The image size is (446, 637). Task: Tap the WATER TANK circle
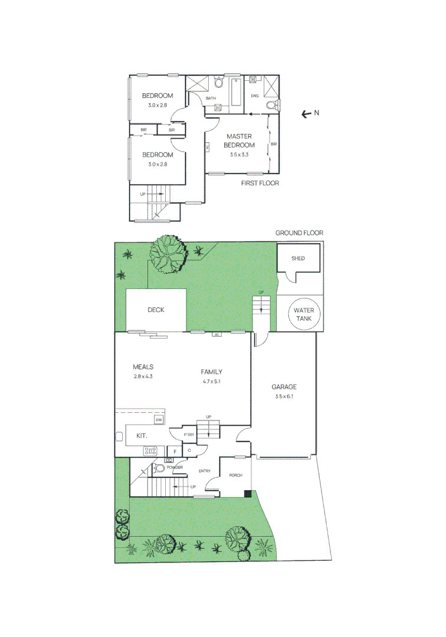[x=304, y=314]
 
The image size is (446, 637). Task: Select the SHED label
[x=299, y=258]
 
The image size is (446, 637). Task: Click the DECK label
[x=156, y=310]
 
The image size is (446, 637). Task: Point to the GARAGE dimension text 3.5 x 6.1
[x=284, y=397]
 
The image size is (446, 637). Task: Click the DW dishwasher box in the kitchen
[x=159, y=419]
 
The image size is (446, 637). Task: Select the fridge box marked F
[x=175, y=451]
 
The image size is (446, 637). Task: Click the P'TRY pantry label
[x=189, y=435]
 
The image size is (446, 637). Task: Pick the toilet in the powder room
[x=158, y=469]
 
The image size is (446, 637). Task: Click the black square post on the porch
[x=248, y=494]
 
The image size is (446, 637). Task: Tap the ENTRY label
[x=205, y=471]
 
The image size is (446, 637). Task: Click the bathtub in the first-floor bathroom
[x=235, y=93]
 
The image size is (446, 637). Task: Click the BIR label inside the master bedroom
[x=273, y=144]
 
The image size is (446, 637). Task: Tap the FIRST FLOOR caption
[x=260, y=183]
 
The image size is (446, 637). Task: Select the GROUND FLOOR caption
[x=299, y=233]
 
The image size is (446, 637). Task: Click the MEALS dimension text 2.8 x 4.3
[x=143, y=376]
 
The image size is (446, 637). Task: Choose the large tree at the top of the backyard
[x=168, y=254]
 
